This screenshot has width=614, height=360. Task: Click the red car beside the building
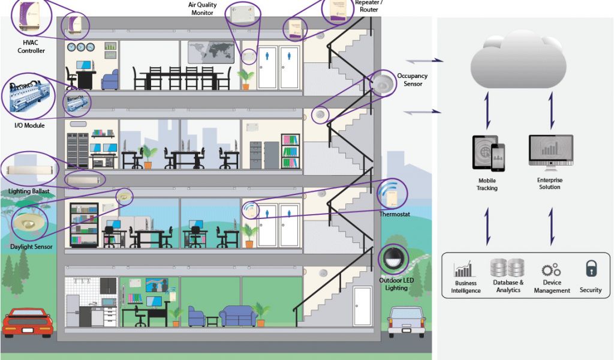(x=28, y=323)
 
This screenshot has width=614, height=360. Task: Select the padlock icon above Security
(x=591, y=269)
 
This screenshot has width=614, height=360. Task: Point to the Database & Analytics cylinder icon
(x=507, y=268)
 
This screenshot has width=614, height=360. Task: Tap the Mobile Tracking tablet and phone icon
(x=487, y=154)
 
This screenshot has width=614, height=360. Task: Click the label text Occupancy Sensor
(x=412, y=80)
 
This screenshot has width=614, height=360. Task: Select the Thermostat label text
(x=394, y=214)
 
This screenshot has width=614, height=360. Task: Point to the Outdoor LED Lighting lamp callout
(x=393, y=259)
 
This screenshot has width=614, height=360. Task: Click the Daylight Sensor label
(x=31, y=247)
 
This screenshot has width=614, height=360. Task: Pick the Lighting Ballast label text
(x=29, y=191)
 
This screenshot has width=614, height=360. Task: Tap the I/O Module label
(x=29, y=125)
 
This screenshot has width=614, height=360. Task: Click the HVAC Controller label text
(x=31, y=47)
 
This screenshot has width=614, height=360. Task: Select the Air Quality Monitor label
(x=203, y=8)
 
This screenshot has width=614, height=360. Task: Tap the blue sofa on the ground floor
(x=239, y=316)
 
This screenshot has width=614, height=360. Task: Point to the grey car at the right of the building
(x=406, y=321)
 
